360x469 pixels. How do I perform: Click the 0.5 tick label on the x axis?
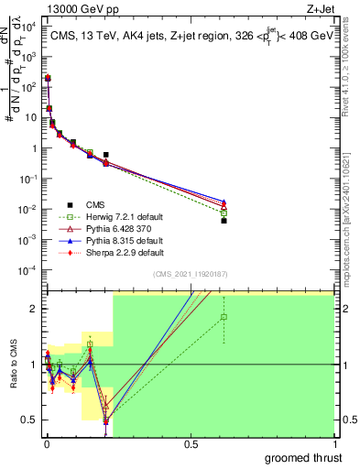[190, 443]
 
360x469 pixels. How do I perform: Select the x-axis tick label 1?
[333, 443]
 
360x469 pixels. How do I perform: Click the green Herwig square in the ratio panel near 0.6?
[224, 317]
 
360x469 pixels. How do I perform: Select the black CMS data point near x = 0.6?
[224, 221]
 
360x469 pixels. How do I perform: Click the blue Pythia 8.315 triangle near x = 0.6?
[224, 200]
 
